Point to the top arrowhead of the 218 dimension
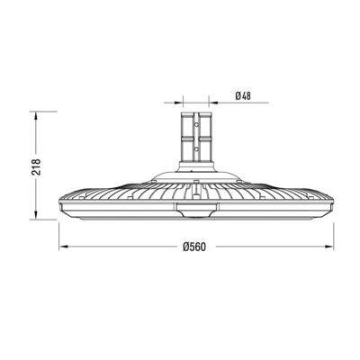(35, 115)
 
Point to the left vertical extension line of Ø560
(59, 229)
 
